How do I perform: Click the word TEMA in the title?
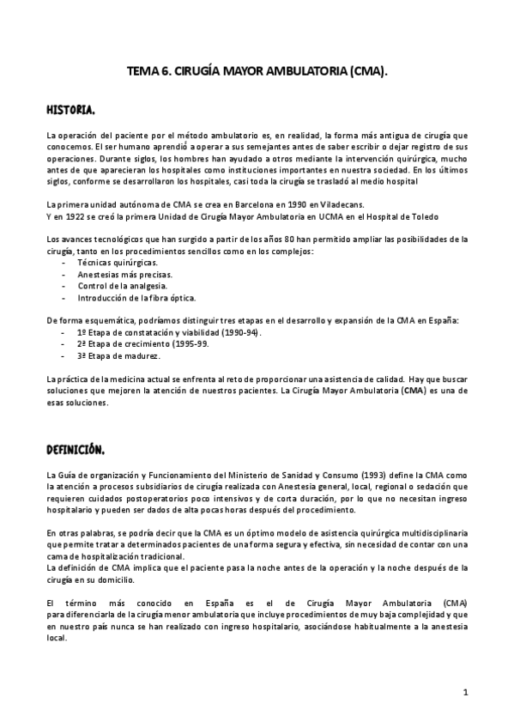tap(143, 74)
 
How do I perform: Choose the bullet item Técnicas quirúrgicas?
tap(118, 261)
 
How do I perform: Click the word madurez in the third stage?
tap(143, 355)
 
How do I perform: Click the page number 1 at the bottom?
tap(464, 692)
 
